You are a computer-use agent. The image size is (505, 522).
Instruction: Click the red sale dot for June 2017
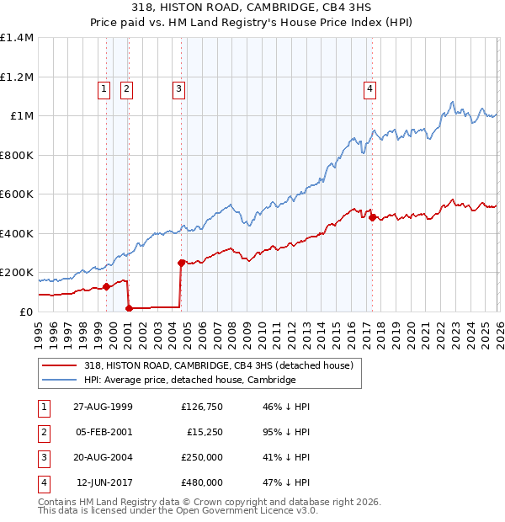click(371, 218)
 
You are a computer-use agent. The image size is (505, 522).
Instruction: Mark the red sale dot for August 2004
click(181, 263)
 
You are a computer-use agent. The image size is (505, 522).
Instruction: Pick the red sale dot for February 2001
click(129, 308)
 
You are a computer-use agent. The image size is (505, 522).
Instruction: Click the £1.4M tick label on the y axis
click(17, 38)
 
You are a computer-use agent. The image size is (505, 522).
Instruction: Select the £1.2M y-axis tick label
click(17, 77)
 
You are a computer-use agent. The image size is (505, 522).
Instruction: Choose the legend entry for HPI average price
click(189, 380)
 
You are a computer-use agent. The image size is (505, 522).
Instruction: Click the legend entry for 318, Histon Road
click(223, 365)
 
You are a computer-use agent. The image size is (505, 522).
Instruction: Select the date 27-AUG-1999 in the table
click(104, 407)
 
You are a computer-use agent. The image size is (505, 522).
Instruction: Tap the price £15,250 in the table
click(204, 432)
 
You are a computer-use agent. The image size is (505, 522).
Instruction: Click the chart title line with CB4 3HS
click(252, 7)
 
